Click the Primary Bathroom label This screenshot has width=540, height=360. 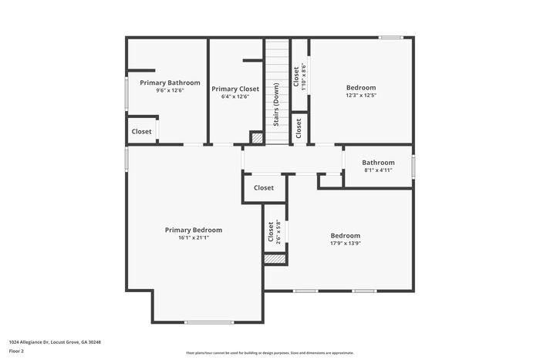click(x=170, y=82)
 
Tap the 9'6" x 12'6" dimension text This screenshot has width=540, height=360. click(x=170, y=91)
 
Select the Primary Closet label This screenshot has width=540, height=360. click(x=235, y=89)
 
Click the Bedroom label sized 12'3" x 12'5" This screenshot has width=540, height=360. click(x=361, y=88)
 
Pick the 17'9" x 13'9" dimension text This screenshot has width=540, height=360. click(x=346, y=244)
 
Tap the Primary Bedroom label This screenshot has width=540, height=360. click(x=194, y=230)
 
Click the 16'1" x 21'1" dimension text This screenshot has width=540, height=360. click(x=194, y=238)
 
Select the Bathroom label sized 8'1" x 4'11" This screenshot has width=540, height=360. click(x=378, y=163)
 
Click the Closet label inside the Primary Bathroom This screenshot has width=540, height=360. click(x=142, y=132)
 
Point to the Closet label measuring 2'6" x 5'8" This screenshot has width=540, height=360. click(x=271, y=232)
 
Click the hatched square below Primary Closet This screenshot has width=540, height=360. click(x=257, y=138)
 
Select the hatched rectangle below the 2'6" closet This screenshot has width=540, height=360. click(x=275, y=260)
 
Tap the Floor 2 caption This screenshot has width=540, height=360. click(x=17, y=351)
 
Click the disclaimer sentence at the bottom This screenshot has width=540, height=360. click(x=269, y=352)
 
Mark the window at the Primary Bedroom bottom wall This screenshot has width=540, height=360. click(x=209, y=322)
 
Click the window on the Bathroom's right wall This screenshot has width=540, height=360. click(x=413, y=166)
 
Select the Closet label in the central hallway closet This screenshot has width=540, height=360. click(x=264, y=187)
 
